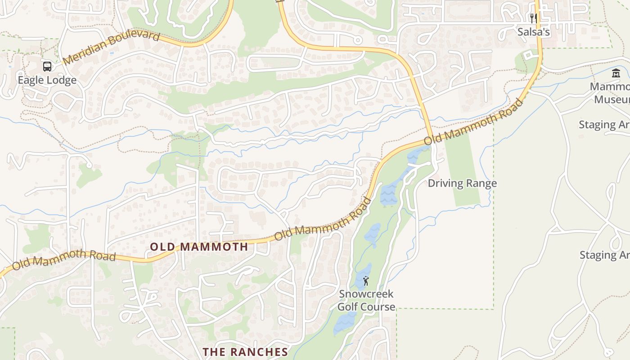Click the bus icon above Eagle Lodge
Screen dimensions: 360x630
coord(47,67)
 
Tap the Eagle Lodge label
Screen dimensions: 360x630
coord(47,81)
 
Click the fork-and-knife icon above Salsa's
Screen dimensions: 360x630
coord(533,18)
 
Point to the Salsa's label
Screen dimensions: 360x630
coord(533,32)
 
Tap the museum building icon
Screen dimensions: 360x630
coord(616,73)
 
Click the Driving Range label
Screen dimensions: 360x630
coord(462,183)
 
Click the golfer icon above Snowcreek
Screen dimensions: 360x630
coord(366,281)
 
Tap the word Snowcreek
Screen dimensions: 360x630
coord(366,294)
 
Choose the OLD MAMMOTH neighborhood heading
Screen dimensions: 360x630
coord(199,247)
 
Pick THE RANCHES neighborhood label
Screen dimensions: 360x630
coord(245,352)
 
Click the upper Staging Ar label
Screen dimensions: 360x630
coord(604,125)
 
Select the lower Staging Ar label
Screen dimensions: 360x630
coord(604,255)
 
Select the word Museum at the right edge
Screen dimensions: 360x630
coord(612,99)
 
